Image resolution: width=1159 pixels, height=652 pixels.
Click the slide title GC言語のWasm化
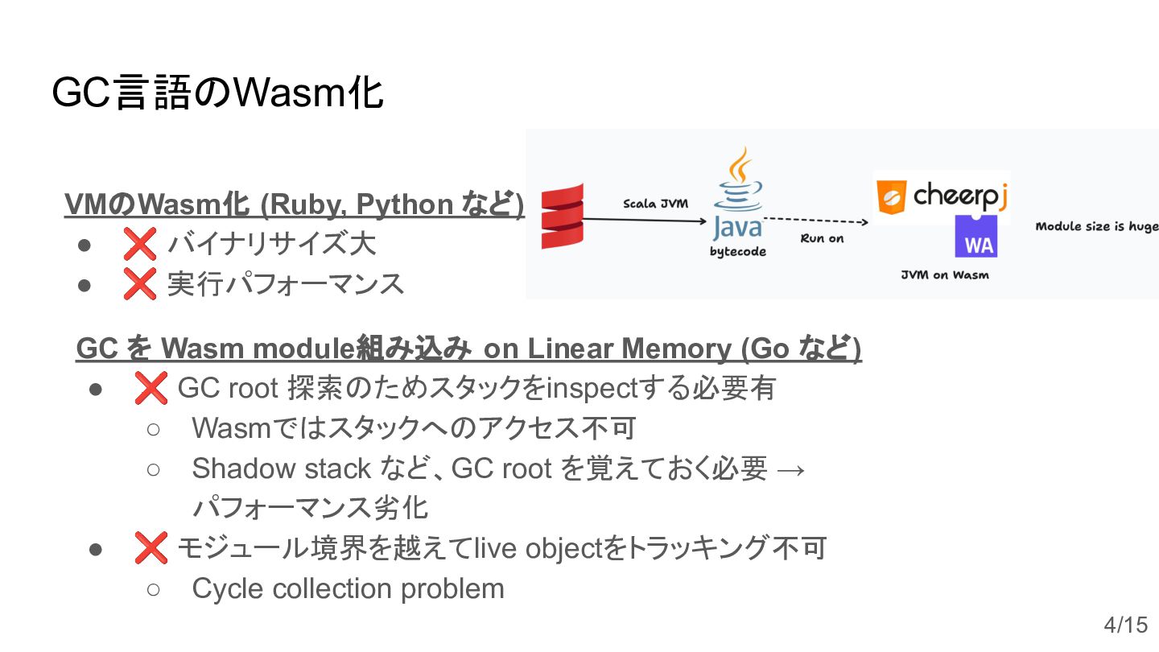click(x=217, y=93)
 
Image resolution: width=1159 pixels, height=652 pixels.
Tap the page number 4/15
click(x=1125, y=625)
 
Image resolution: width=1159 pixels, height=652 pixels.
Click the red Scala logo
click(x=562, y=216)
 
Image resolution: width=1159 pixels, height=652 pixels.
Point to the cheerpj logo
click(x=942, y=196)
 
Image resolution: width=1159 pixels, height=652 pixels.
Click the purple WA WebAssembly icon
click(x=976, y=237)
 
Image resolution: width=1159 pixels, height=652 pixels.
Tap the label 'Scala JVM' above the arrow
click(x=656, y=204)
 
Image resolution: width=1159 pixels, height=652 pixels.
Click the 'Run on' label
click(x=822, y=238)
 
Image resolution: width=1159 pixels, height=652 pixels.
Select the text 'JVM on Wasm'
click(x=945, y=275)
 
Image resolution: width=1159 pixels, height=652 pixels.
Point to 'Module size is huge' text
click(x=1096, y=226)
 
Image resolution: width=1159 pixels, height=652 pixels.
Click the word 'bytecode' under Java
click(x=737, y=252)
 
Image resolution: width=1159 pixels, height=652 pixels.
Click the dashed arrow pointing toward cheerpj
click(x=815, y=220)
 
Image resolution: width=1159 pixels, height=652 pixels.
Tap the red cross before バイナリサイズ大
click(x=139, y=243)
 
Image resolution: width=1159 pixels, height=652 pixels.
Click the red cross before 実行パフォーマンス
click(x=139, y=283)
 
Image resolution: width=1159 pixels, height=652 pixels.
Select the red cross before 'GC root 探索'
click(x=151, y=388)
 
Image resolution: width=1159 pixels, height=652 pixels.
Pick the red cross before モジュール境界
click(x=151, y=548)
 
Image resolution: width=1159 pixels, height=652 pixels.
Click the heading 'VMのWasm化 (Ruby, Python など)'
click(x=295, y=204)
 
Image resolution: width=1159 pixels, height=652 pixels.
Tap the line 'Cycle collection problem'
click(x=348, y=588)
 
